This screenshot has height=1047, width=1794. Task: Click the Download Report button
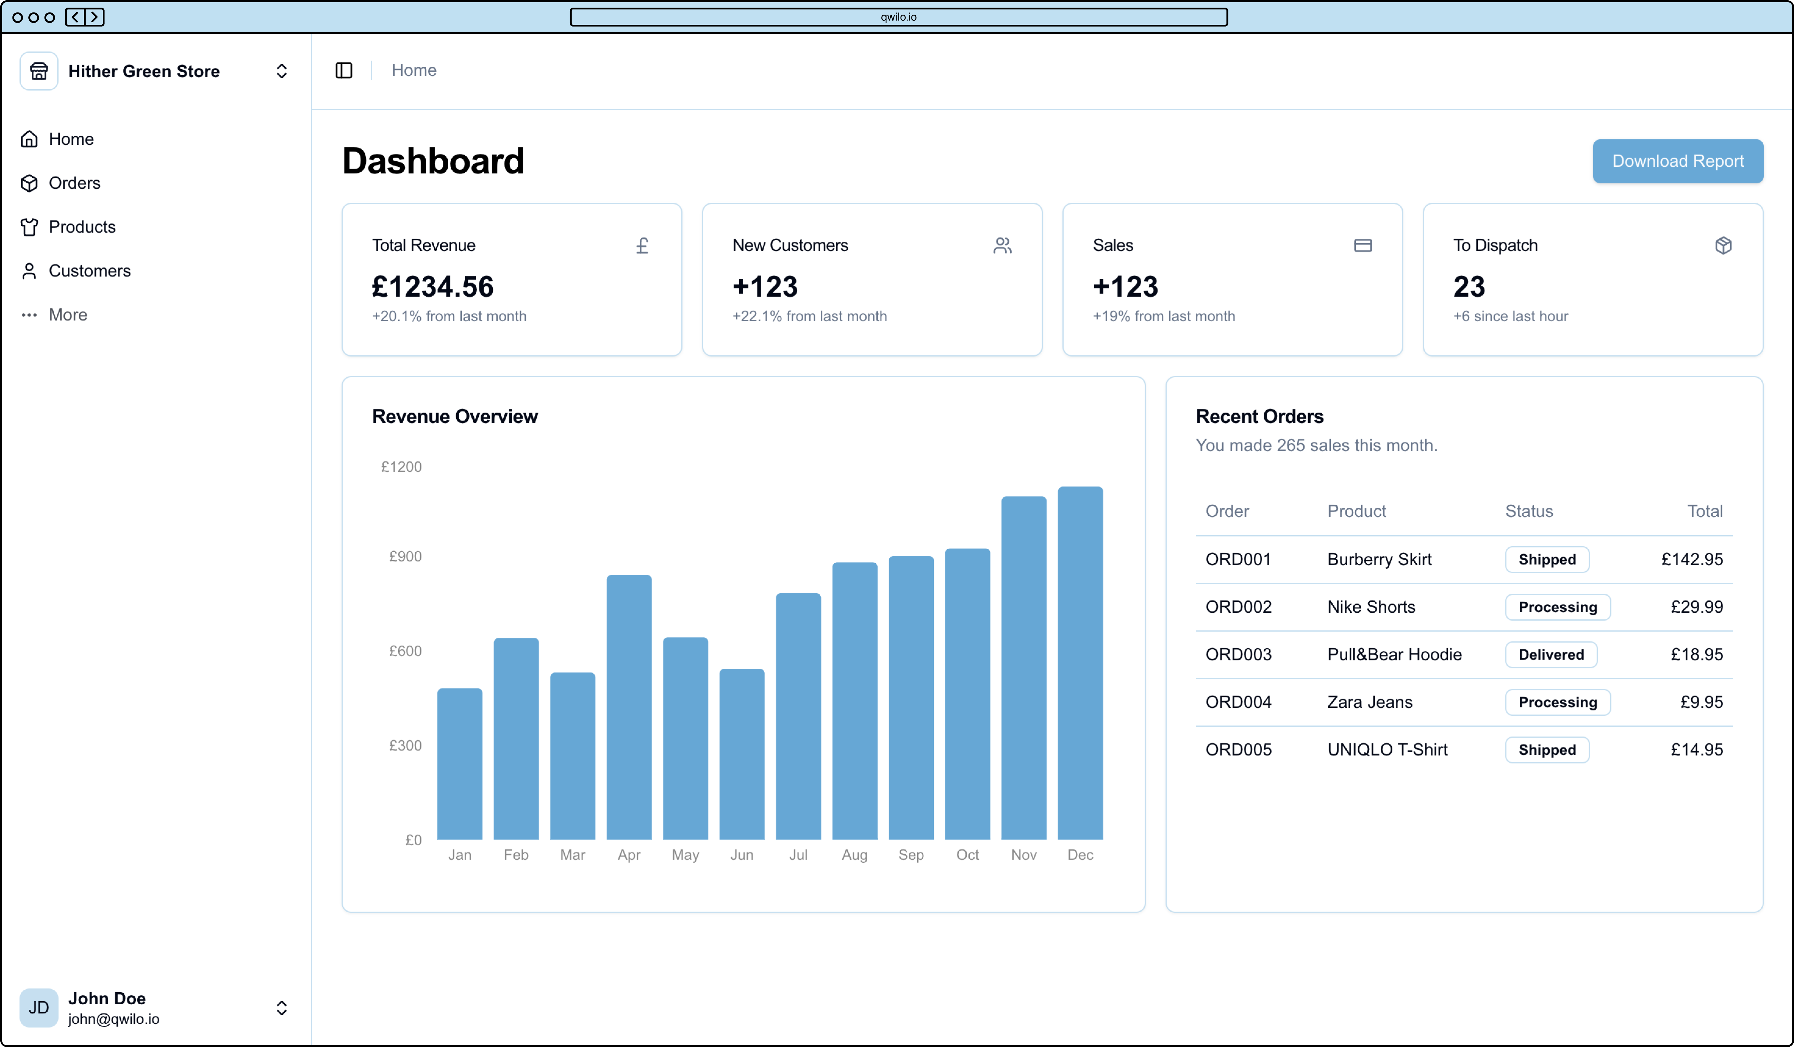1677,161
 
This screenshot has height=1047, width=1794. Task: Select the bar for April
629,707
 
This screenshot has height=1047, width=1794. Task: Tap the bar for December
1080,663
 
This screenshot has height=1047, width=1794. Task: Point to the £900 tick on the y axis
405,556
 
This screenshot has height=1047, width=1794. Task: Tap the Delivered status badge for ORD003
1551,654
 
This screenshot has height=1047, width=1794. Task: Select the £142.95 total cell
1692,559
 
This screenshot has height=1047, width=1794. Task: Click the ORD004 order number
1238,702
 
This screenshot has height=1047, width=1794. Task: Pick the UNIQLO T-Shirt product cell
1387,749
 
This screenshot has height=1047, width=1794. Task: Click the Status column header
1529,511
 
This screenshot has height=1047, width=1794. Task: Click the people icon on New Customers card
1002,246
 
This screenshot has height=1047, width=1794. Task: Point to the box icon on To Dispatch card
1723,246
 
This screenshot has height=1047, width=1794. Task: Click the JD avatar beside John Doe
38,1007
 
